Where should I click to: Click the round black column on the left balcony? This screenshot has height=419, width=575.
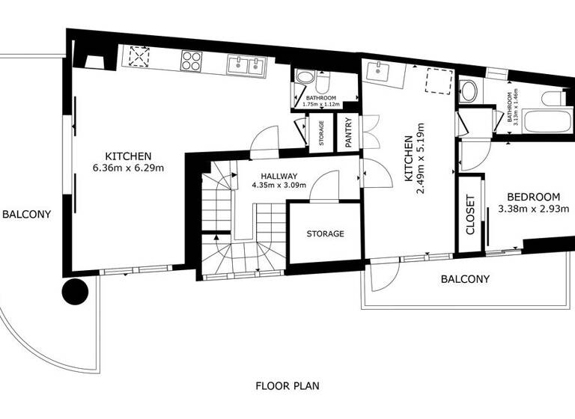76,291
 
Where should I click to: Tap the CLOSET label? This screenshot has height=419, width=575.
471,215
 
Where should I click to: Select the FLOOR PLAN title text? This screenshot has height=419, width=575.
287,386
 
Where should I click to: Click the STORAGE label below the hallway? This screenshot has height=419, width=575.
325,233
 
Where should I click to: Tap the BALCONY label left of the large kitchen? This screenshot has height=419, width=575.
26,214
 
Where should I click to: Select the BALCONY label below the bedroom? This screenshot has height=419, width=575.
465,279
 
